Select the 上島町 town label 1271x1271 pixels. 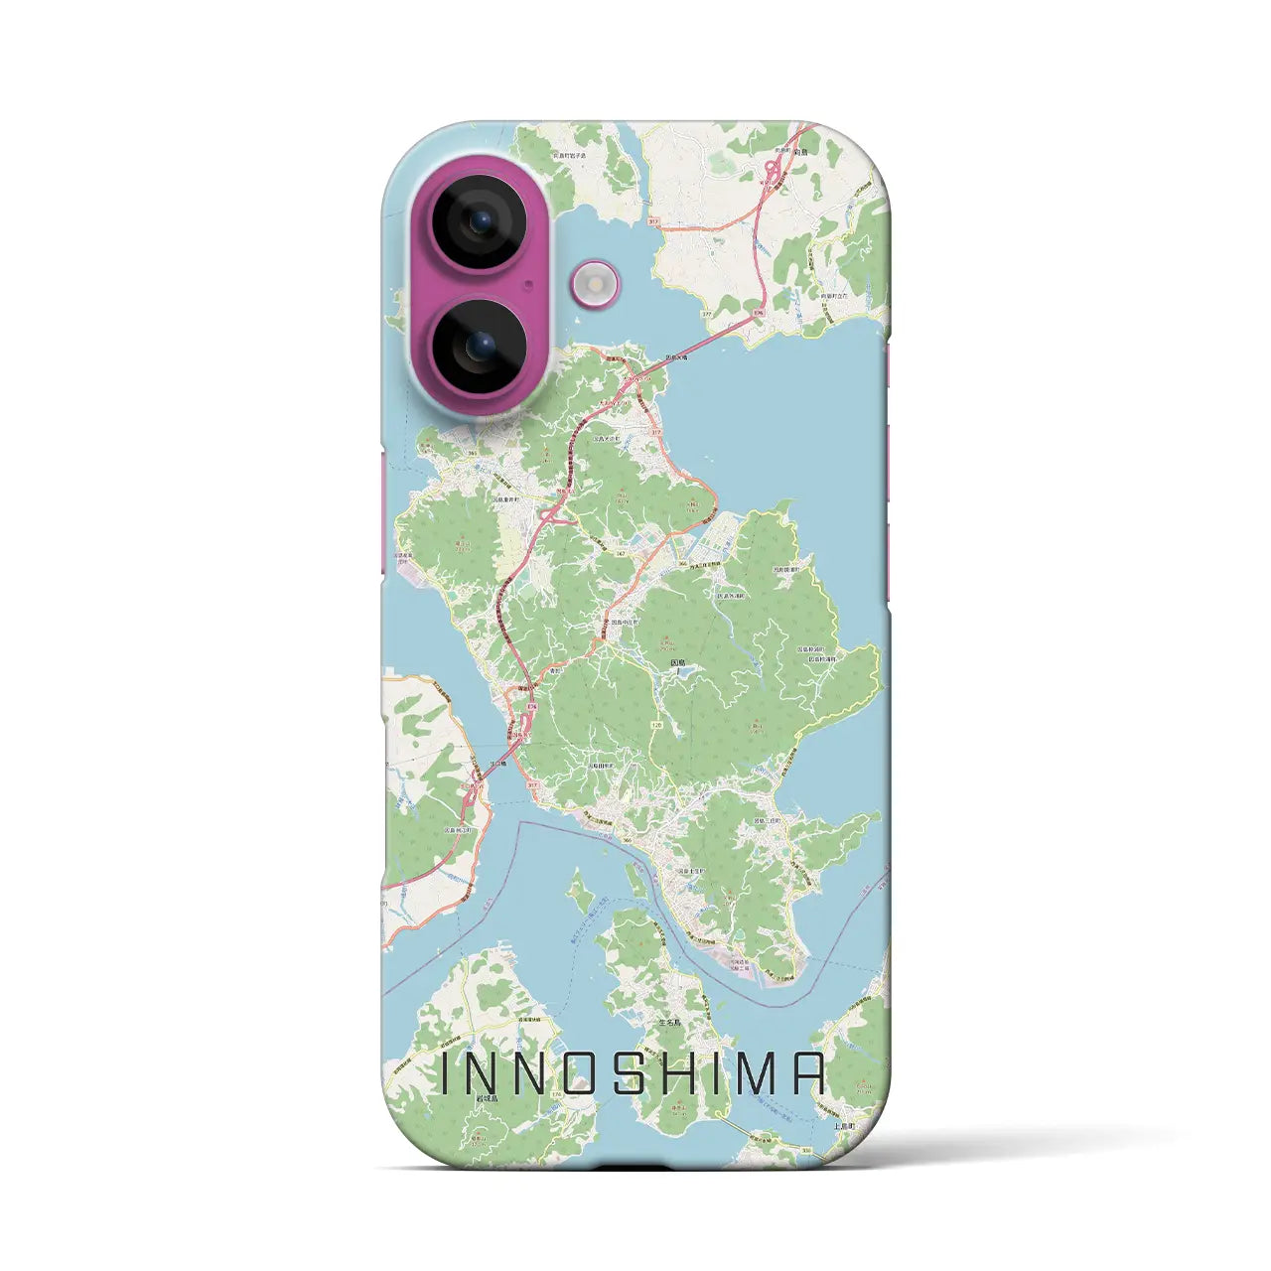(x=844, y=1126)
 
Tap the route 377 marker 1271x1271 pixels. (x=706, y=314)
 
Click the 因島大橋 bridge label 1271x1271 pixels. (x=677, y=357)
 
